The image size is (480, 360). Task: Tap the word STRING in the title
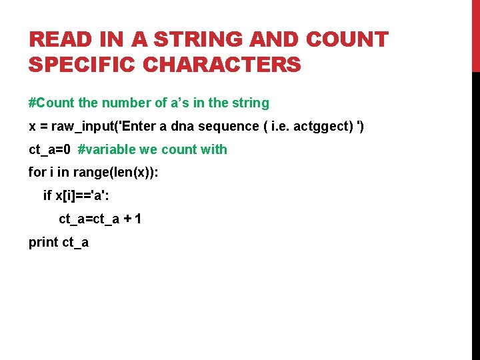click(201, 40)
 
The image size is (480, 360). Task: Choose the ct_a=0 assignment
click(49, 150)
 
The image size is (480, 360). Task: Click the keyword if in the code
click(47, 196)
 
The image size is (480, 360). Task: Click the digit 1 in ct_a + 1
click(137, 219)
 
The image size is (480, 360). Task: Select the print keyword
click(43, 242)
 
